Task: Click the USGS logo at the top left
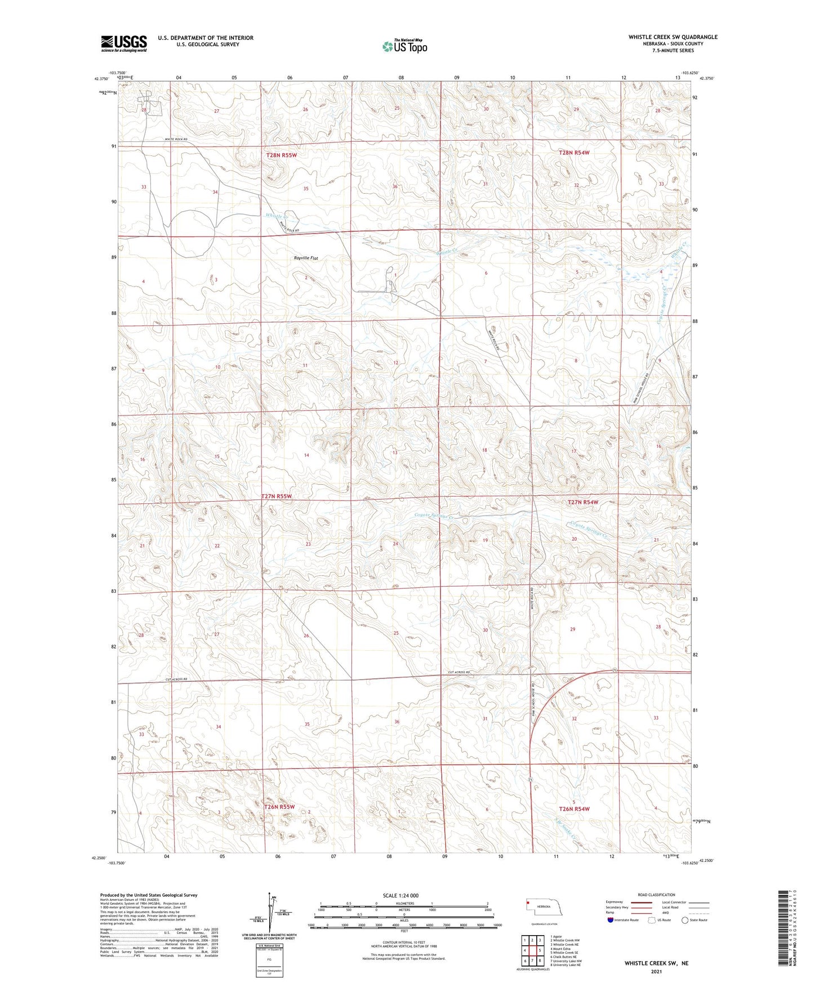[124, 43]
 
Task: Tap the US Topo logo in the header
[404, 46]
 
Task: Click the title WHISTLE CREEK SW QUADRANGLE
[673, 37]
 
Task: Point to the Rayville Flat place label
[306, 258]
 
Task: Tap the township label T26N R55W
[279, 807]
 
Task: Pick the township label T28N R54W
[573, 153]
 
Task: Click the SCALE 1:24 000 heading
[400, 895]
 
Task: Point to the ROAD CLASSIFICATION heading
[656, 895]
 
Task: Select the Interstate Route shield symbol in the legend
[611, 920]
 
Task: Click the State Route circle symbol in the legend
[685, 920]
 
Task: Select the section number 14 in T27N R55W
[306, 455]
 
